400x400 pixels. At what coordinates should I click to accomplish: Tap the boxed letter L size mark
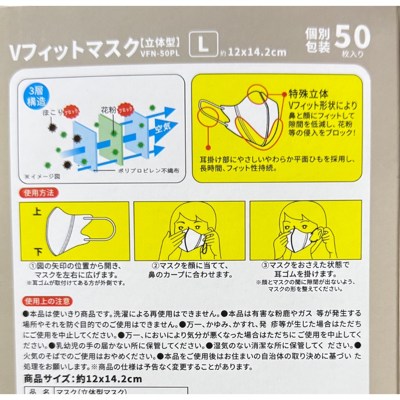(x=203, y=44)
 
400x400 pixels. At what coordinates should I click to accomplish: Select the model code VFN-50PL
(x=160, y=53)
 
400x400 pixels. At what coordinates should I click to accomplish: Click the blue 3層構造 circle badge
(x=36, y=97)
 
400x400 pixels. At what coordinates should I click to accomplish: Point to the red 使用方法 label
(x=39, y=193)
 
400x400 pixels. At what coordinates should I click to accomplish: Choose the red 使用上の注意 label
(x=47, y=301)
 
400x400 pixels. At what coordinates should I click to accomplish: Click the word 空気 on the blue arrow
(x=163, y=127)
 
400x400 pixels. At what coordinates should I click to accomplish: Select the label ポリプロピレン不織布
(x=149, y=171)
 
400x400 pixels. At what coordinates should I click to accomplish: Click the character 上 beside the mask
(x=37, y=211)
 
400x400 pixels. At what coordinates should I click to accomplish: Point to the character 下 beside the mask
(x=38, y=252)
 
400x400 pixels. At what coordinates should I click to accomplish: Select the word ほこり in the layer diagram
(x=53, y=112)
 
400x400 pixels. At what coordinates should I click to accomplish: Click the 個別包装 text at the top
(x=318, y=41)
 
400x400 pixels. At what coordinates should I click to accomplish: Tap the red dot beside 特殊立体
(x=284, y=95)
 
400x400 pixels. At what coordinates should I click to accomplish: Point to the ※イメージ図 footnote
(x=42, y=177)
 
